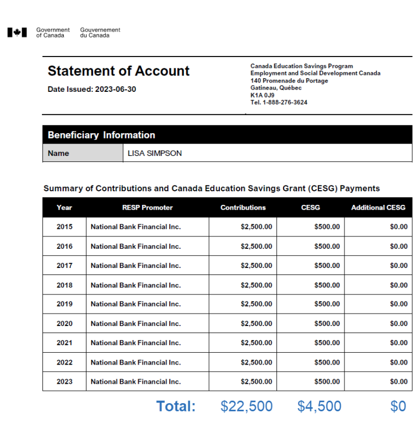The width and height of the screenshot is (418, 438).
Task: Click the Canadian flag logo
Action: point(17,33)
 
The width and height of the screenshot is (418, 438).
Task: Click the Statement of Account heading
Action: point(119,71)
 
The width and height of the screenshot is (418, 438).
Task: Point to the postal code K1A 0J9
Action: point(262,95)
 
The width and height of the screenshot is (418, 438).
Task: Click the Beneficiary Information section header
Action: point(101,135)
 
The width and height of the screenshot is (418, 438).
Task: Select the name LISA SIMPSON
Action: point(155,153)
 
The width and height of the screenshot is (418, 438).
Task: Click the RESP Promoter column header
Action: point(147,208)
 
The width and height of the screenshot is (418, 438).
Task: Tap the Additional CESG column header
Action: point(378,208)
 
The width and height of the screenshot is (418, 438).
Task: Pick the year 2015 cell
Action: point(64,227)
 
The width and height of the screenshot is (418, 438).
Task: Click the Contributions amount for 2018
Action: point(256,285)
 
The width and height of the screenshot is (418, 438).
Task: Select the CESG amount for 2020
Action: point(327,324)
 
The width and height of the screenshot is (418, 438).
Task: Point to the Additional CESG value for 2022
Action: point(398,362)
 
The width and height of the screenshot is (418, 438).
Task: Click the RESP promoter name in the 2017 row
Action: point(136,266)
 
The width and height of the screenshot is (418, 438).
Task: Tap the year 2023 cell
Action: point(64,382)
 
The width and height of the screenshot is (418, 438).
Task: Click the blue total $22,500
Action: point(247,406)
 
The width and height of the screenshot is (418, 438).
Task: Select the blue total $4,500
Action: point(319,406)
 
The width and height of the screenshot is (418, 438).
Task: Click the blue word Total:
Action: point(176,406)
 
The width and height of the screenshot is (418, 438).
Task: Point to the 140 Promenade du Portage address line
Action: point(289,81)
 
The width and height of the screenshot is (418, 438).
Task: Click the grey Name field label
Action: point(59,153)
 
